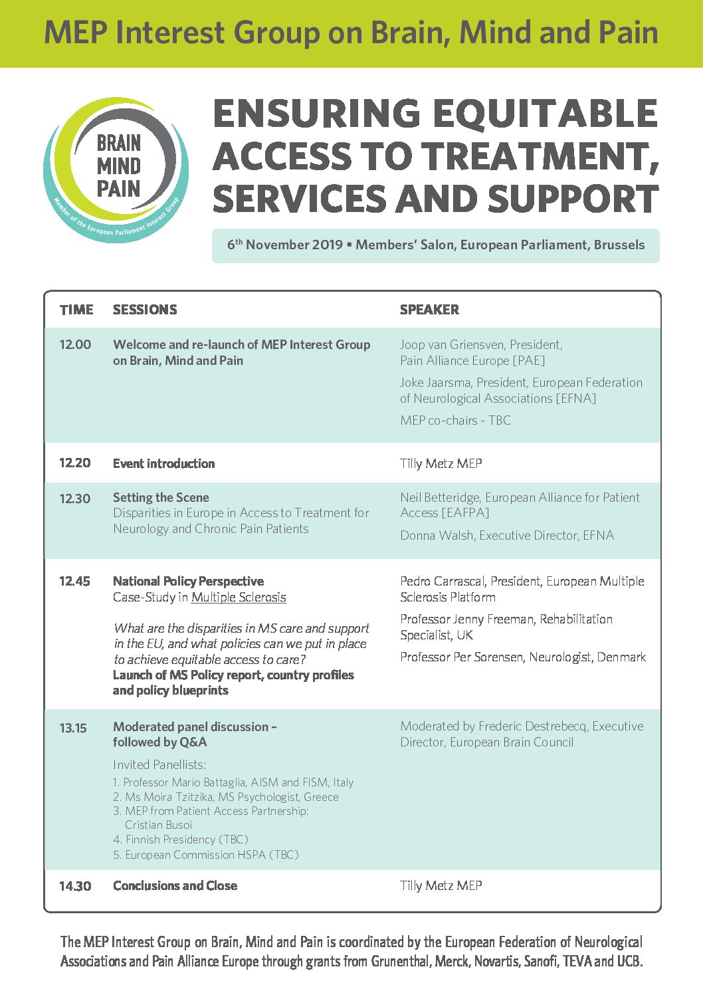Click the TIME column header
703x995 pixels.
click(76, 310)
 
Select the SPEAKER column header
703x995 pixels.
click(429, 310)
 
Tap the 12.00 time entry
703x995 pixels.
click(75, 345)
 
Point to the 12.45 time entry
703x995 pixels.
click(74, 582)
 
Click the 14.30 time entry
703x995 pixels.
click(75, 886)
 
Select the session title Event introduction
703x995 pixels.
click(163, 464)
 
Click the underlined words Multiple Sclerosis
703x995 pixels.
click(239, 598)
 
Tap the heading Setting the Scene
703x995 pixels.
click(161, 498)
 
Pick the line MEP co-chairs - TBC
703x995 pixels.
click(455, 421)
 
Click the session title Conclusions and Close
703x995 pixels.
click(175, 886)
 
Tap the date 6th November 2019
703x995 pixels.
click(285, 245)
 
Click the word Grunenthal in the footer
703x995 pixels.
click(400, 962)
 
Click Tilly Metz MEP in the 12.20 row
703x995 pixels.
click(441, 464)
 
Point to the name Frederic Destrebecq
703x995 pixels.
click(532, 726)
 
